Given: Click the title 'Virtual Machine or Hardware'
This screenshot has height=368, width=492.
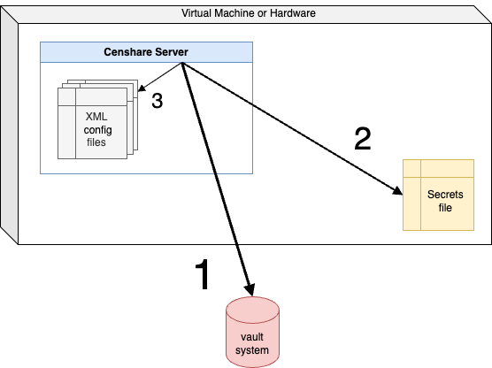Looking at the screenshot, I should tap(248, 13).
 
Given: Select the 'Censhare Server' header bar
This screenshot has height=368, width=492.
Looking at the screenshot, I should tap(146, 52).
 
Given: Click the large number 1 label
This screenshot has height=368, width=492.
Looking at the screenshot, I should tap(202, 275).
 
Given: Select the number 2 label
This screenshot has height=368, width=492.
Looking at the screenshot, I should tap(362, 139).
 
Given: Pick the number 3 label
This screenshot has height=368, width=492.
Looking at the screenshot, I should tap(157, 101).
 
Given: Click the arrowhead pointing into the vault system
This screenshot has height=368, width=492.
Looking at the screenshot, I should tap(251, 291).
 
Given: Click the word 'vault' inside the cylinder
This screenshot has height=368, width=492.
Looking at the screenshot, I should tap(252, 337).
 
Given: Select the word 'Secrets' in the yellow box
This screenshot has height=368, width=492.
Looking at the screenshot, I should tap(444, 194).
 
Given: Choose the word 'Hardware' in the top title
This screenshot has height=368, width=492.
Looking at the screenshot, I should tap(290, 13).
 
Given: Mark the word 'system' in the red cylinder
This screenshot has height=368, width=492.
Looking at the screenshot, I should tap(252, 350).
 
